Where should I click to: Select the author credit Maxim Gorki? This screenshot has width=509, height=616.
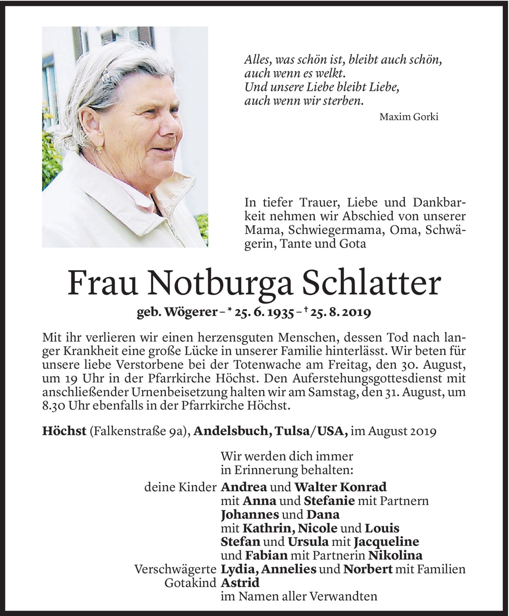pos(409,117)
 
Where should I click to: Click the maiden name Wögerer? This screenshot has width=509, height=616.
pos(190,313)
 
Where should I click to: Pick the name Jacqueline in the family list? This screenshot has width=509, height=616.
pos(386,542)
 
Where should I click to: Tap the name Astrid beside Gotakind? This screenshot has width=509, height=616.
pos(240,583)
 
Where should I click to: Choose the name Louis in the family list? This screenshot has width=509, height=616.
pos(382,528)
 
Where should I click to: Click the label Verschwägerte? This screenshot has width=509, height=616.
pos(175,569)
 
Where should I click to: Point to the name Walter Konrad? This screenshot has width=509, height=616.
pos(340,487)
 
